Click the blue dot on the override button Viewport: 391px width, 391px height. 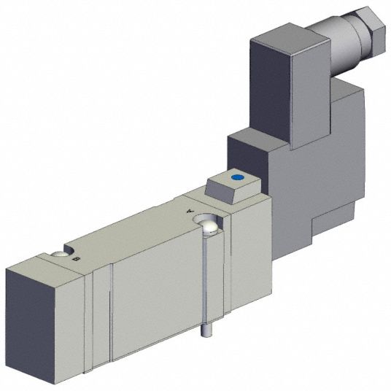tap(237, 177)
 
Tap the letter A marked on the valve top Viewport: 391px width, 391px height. tap(190, 211)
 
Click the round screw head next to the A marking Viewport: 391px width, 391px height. tap(210, 227)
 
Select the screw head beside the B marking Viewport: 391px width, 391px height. tap(59, 254)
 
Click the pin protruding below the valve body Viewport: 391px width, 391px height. tap(204, 330)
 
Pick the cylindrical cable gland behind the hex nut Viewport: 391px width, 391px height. tap(344, 47)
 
